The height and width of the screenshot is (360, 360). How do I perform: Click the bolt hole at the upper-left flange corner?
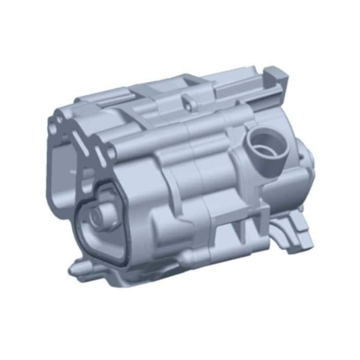click(x=60, y=120)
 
